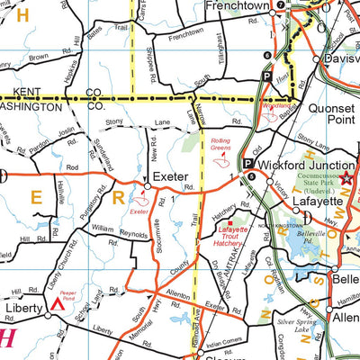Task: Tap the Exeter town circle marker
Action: coord(146,186)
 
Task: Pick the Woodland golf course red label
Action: coord(272,103)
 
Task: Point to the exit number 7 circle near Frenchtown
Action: coord(280,5)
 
